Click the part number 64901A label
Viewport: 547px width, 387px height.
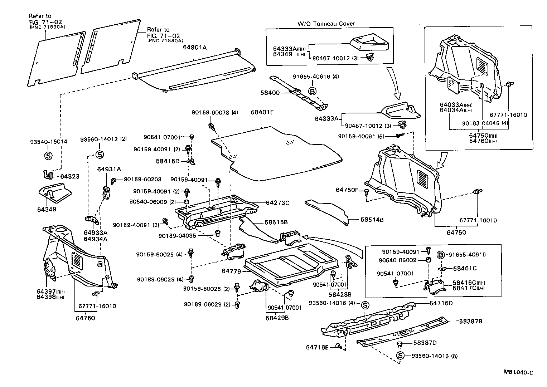click(195, 47)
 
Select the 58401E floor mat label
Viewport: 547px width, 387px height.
click(262, 112)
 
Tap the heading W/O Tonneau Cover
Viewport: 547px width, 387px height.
click(326, 24)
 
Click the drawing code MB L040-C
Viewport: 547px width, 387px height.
click(518, 373)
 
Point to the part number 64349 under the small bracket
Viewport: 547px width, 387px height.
click(47, 209)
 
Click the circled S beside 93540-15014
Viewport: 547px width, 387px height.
click(48, 156)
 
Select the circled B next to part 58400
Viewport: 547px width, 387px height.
click(312, 91)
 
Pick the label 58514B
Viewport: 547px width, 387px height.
click(372, 220)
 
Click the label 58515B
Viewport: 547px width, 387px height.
click(276, 222)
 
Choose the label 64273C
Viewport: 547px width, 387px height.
click(277, 202)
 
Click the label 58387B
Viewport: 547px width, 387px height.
click(471, 321)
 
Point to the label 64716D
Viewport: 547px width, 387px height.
click(441, 303)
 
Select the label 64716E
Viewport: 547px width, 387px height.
click(318, 347)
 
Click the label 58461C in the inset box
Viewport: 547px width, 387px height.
click(465, 268)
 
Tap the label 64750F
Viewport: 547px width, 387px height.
click(347, 190)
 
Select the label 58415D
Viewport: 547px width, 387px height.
click(168, 161)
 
